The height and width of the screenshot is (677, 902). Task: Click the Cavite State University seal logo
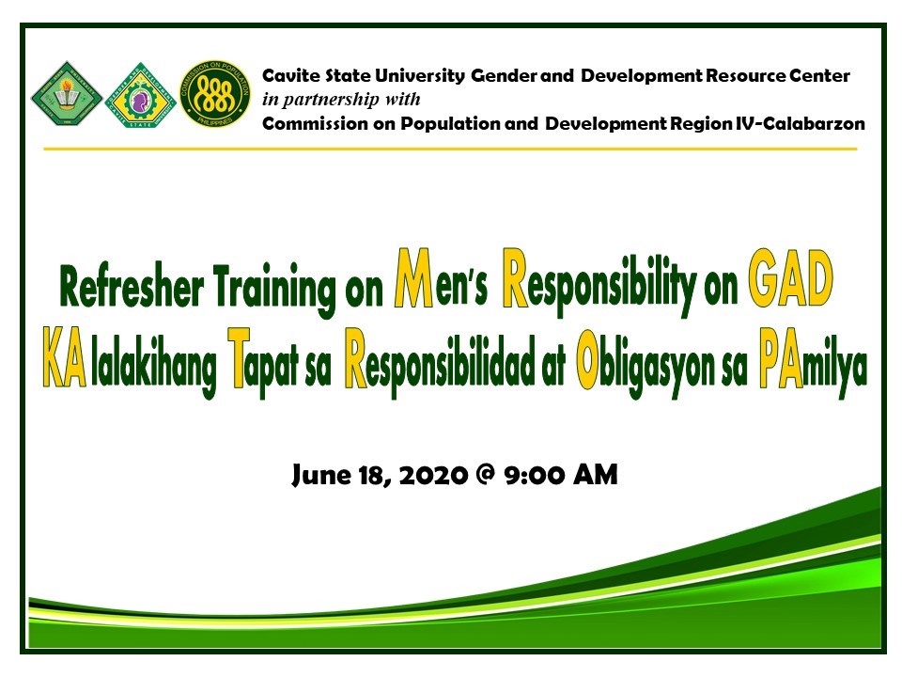click(67, 94)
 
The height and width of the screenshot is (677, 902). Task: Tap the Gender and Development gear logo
click(140, 95)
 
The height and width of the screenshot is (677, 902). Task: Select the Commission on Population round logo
click(215, 94)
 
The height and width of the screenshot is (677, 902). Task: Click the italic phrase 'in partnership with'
click(341, 100)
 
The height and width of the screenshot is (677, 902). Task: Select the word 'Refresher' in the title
click(132, 287)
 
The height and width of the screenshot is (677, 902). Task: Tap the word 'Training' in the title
click(274, 289)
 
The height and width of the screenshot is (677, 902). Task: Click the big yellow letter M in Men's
click(413, 277)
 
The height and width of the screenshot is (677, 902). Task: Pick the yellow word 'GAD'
click(791, 278)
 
